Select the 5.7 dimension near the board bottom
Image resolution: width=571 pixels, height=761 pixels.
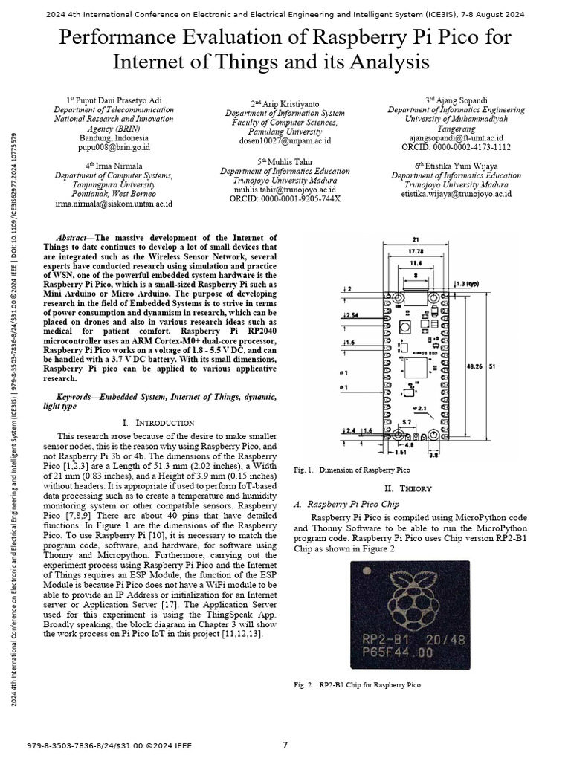(x=428, y=421)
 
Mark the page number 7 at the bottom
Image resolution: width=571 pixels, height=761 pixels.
(x=285, y=745)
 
